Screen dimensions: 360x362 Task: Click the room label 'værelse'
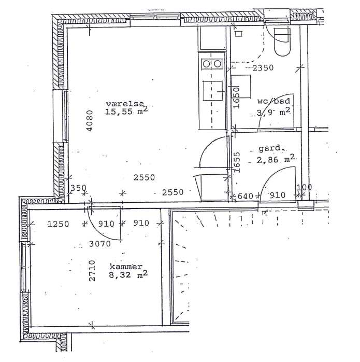click(x=125, y=104)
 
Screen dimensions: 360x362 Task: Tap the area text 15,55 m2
click(x=126, y=111)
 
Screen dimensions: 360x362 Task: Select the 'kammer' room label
click(x=126, y=267)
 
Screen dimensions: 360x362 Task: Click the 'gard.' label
click(x=270, y=148)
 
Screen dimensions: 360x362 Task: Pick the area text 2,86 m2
click(x=276, y=159)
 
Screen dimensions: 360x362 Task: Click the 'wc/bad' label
click(x=273, y=101)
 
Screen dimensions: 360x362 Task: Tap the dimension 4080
click(x=90, y=120)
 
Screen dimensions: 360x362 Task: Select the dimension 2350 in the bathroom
click(x=263, y=68)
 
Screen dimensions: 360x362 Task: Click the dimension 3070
click(x=100, y=244)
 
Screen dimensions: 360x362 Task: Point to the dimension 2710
click(x=92, y=271)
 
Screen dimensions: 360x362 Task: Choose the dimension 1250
click(x=58, y=224)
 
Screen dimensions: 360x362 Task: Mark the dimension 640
click(x=245, y=196)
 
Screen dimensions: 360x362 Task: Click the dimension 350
click(x=78, y=188)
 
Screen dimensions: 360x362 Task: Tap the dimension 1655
click(x=237, y=162)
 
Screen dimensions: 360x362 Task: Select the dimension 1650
click(x=236, y=97)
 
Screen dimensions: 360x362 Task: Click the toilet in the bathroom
click(x=282, y=42)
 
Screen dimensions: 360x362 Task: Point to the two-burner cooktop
click(x=212, y=64)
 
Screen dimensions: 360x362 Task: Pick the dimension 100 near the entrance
click(x=304, y=187)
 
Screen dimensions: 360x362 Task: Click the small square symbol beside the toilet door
click(x=239, y=34)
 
